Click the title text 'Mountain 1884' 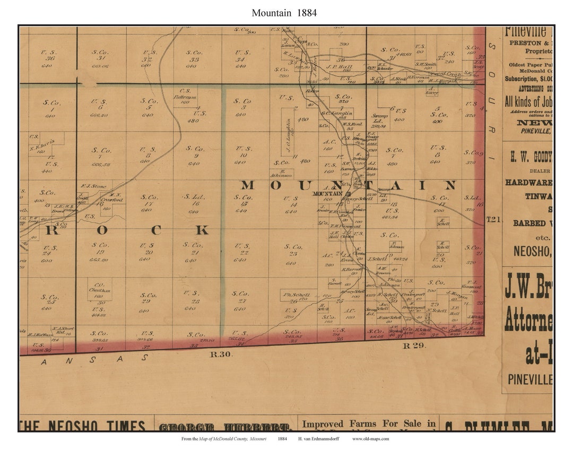pos(284,13)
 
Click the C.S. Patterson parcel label pos(185,94)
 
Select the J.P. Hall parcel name pos(340,67)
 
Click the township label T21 pos(493,219)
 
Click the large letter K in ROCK pos(202,230)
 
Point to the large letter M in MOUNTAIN pos(248,185)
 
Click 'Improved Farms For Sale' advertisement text pos(368,423)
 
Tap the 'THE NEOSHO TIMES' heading pos(82,426)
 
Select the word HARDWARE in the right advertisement pos(528,182)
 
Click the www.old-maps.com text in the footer pos(370,439)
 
